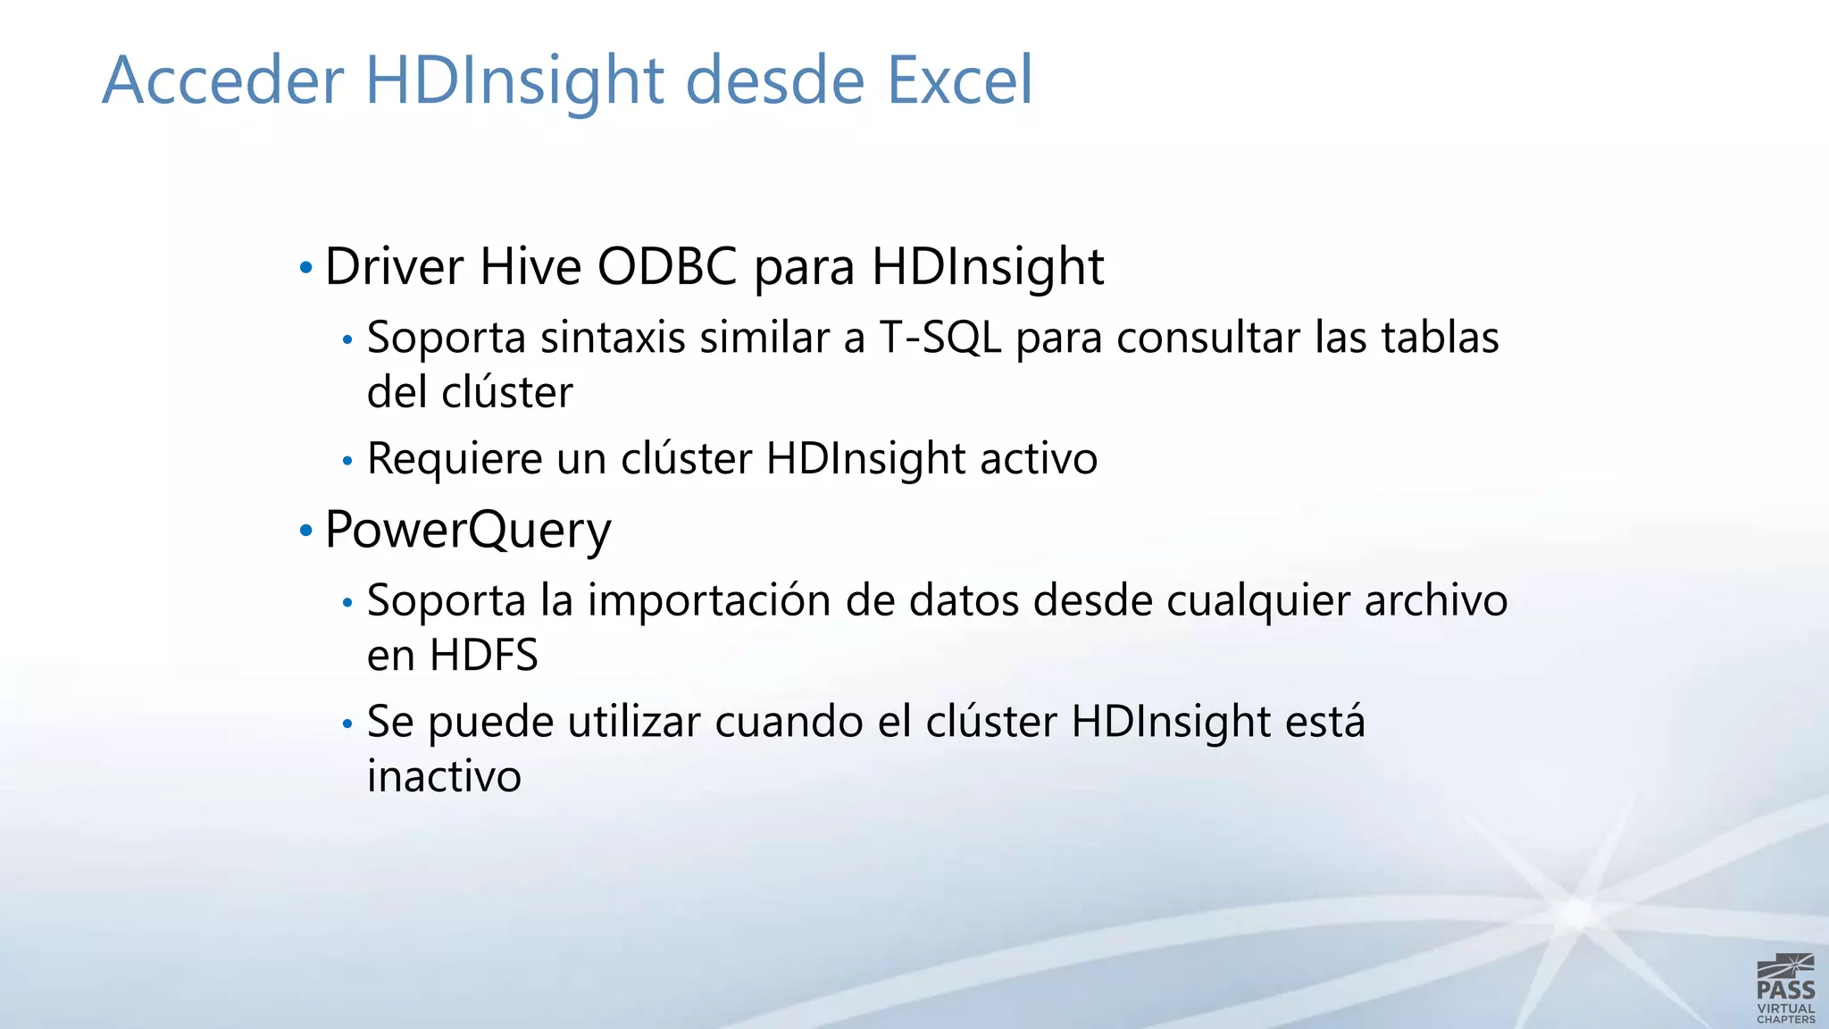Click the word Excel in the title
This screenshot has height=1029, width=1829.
click(959, 80)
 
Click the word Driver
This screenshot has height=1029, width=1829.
click(394, 266)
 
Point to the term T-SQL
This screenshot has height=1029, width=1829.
click(940, 338)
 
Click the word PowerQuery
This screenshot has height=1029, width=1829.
click(468, 531)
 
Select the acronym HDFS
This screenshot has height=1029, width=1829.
click(483, 655)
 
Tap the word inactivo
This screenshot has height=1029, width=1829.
click(444, 775)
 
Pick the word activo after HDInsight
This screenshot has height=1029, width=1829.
click(1039, 459)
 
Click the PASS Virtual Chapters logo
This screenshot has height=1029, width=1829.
click(1785, 988)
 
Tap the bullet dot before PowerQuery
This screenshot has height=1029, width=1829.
click(306, 531)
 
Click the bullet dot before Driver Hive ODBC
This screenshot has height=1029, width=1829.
click(306, 267)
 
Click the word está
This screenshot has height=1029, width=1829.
click(1324, 722)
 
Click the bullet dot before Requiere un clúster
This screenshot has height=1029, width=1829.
click(347, 461)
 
